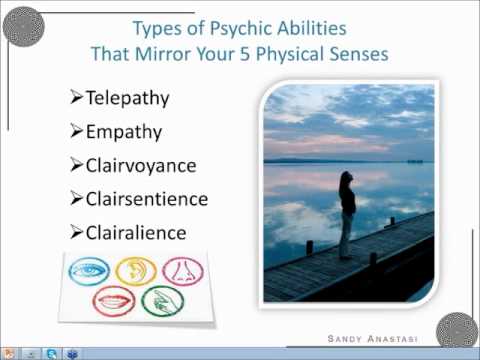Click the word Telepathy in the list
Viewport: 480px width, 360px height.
tap(129, 99)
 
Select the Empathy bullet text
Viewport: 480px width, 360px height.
tap(125, 132)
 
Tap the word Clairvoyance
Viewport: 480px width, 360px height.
tap(142, 165)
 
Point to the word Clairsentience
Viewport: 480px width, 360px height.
tap(147, 198)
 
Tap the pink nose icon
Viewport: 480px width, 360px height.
tap(183, 267)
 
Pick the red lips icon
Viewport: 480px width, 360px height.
tap(110, 300)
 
